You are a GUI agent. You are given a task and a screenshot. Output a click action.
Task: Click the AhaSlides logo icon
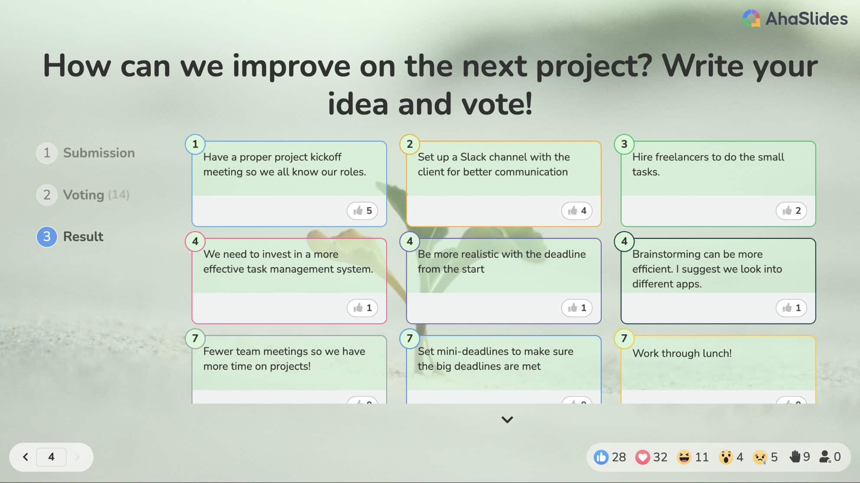[751, 18]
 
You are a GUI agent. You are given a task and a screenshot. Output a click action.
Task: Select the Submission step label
[99, 153]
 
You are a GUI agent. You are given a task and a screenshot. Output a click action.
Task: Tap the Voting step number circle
[47, 195]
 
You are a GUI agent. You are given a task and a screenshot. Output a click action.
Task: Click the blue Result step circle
[47, 237]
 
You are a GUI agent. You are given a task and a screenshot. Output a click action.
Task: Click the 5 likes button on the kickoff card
[362, 211]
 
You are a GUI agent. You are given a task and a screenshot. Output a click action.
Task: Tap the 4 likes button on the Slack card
[577, 211]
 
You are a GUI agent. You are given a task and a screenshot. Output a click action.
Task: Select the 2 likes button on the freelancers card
[792, 211]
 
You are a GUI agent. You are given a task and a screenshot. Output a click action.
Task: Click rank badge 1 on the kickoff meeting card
[195, 144]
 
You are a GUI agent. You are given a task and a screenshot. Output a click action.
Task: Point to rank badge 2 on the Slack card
[410, 144]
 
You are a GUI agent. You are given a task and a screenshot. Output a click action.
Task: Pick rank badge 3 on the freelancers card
[624, 144]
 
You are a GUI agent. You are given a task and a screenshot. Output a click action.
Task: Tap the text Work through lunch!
[682, 353]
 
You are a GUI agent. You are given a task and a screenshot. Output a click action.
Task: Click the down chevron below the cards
[507, 419]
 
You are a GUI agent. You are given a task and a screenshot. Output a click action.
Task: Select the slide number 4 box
[51, 457]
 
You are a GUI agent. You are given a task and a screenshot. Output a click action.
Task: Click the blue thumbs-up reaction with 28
[601, 457]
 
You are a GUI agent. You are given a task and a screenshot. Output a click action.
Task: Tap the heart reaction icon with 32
[642, 457]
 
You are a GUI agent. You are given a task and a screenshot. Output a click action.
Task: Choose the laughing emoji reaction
[684, 457]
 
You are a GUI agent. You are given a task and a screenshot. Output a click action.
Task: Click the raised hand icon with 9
[795, 457]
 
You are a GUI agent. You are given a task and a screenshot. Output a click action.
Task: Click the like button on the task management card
[362, 308]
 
